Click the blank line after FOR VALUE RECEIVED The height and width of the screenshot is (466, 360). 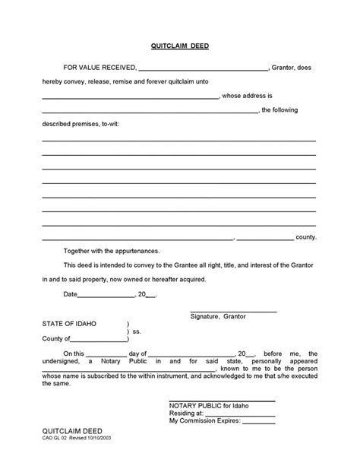pyautogui.click(x=204, y=68)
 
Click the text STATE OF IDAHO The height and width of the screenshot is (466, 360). pyautogui.click(x=70, y=324)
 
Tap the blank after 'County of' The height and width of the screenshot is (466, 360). pyautogui.click(x=96, y=341)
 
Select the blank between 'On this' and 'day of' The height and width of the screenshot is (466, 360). pyautogui.click(x=100, y=355)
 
